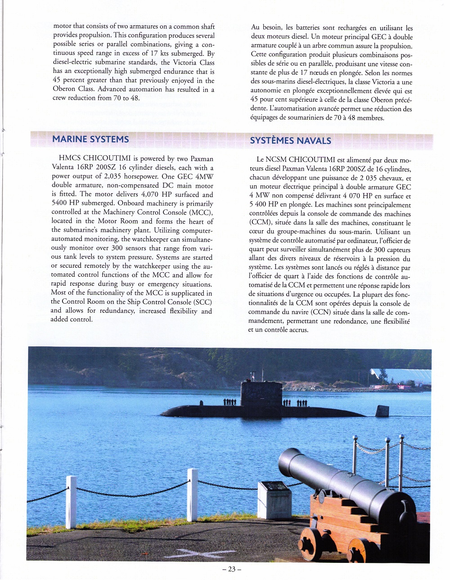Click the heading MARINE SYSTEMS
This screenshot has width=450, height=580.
pos(90,139)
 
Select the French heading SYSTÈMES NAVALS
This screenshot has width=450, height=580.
pos(290,140)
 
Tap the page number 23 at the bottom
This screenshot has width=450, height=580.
pos(232,569)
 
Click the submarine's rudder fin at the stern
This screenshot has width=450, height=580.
pos(382,410)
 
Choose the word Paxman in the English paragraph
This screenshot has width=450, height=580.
pos(202,158)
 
